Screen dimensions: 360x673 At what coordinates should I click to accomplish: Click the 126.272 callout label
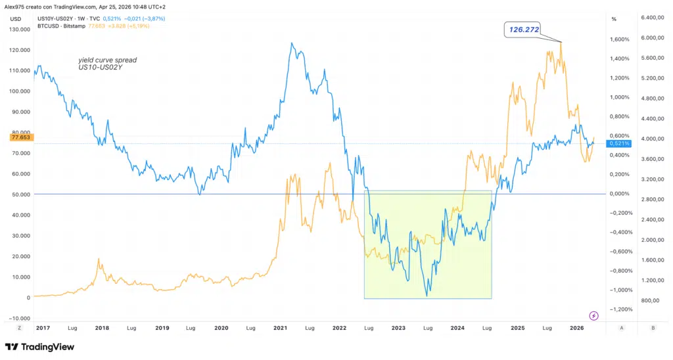(x=523, y=29)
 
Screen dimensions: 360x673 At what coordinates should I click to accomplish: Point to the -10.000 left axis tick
(x=20, y=318)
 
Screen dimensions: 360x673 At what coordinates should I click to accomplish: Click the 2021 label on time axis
(x=281, y=326)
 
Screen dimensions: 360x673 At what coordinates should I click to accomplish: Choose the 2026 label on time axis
(x=576, y=326)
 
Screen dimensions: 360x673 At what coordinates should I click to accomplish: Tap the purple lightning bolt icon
(x=594, y=315)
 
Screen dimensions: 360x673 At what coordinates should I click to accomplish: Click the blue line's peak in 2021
(x=291, y=43)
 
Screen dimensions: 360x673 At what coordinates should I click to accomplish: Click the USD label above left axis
(x=15, y=19)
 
